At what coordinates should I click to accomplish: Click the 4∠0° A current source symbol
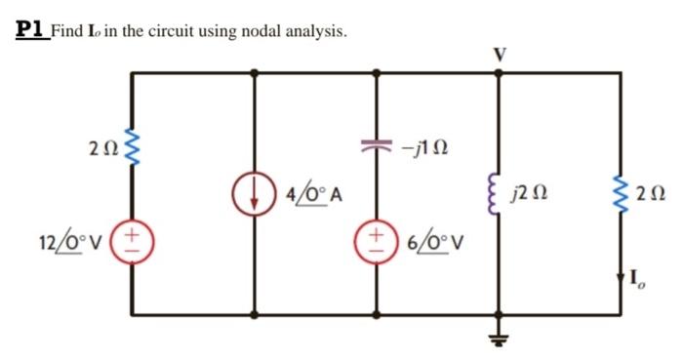(x=255, y=192)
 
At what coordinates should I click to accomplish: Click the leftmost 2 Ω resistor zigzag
(x=133, y=151)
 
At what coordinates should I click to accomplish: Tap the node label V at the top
(x=499, y=54)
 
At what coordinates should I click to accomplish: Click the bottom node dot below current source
(x=255, y=315)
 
